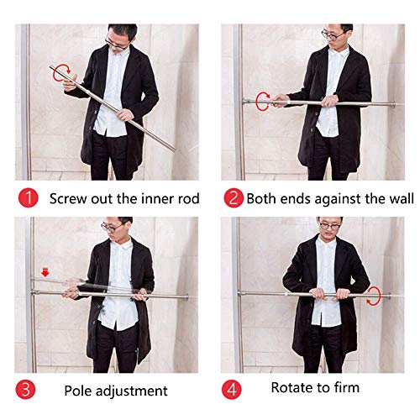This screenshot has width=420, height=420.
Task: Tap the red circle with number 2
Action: (x=233, y=199)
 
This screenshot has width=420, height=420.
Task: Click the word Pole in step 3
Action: (x=79, y=391)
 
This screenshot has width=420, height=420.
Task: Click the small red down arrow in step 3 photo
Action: (x=46, y=270)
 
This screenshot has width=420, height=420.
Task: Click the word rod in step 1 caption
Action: (x=189, y=199)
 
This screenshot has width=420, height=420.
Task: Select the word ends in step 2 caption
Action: (x=297, y=199)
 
